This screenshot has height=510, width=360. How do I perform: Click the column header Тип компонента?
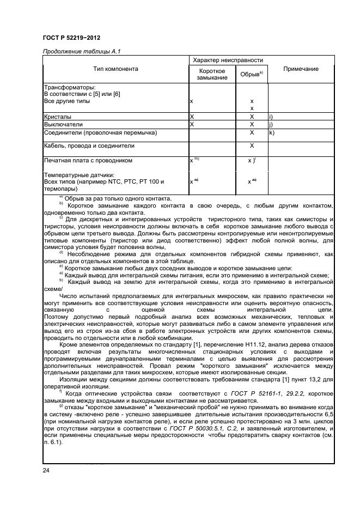(115, 69)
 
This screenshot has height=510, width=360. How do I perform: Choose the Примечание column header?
(301, 69)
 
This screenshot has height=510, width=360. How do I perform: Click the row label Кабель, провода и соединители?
(88, 146)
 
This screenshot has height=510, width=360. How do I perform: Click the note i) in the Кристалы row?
(270, 117)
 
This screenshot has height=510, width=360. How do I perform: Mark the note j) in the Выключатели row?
(270, 124)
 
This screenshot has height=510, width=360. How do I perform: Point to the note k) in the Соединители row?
(271, 132)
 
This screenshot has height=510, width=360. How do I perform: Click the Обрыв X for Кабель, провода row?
(252, 146)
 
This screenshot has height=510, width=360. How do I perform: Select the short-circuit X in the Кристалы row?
(192, 117)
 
